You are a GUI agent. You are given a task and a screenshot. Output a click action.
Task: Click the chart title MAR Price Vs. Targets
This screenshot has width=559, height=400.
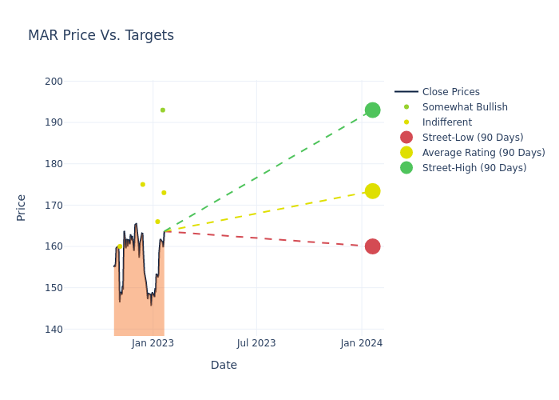(101, 36)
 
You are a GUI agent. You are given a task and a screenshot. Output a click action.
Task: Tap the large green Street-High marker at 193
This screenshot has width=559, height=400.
(372, 110)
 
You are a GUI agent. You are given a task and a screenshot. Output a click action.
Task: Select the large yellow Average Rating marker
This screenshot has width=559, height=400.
(372, 191)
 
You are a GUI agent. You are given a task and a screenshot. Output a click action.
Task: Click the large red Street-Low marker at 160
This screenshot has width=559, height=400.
(372, 246)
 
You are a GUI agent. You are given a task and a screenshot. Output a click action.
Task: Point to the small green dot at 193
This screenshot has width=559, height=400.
(163, 110)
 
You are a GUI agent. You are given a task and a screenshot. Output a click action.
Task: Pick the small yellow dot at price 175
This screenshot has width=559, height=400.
(143, 185)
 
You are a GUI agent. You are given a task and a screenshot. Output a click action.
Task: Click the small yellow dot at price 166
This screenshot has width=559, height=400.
(157, 222)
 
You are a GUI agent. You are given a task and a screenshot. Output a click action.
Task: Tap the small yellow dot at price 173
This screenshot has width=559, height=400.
(164, 193)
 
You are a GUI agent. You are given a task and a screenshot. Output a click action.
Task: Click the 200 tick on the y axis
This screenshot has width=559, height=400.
(54, 82)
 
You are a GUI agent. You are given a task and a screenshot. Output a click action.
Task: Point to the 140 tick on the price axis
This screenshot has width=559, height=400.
(54, 329)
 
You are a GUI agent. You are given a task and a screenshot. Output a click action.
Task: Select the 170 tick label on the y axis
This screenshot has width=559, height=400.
(54, 206)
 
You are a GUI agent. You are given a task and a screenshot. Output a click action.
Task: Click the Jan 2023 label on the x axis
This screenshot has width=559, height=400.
(153, 343)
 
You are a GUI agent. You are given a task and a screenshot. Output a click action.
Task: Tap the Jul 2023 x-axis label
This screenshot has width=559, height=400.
(257, 343)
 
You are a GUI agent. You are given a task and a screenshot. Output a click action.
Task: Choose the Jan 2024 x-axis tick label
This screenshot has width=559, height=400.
(362, 343)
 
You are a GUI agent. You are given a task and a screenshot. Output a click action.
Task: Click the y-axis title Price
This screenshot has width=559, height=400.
(22, 207)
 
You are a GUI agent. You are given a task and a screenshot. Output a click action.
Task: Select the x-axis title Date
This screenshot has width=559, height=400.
(224, 366)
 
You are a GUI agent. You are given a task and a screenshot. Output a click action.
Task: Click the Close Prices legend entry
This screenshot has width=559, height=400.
(450, 92)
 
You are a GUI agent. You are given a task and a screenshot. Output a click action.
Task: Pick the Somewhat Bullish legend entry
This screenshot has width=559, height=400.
(464, 107)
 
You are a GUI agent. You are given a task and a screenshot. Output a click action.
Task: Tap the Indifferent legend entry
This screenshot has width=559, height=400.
(446, 122)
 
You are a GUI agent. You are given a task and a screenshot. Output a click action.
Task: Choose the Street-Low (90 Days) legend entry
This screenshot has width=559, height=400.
(472, 138)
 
